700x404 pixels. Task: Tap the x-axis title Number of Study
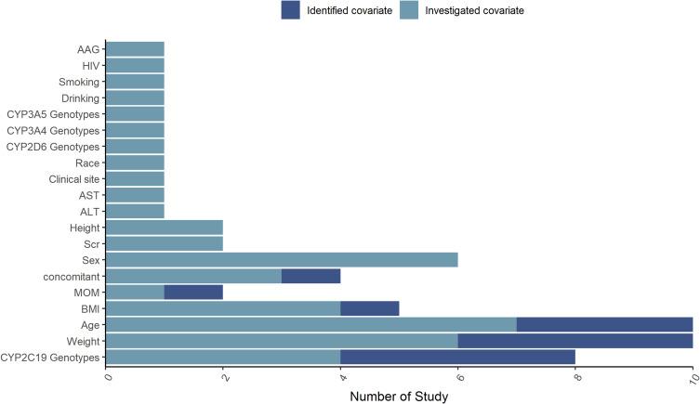pyautogui.click(x=400, y=397)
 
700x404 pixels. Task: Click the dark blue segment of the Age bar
pyautogui.click(x=604, y=325)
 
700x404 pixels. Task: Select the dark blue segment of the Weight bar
pyautogui.click(x=575, y=341)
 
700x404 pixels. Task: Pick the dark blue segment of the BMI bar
pyautogui.click(x=370, y=308)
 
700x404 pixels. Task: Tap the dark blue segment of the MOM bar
pyautogui.click(x=193, y=293)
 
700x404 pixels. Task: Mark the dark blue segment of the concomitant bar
pyautogui.click(x=311, y=276)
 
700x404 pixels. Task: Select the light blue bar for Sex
pyautogui.click(x=283, y=260)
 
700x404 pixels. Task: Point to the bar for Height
pyautogui.click(x=165, y=228)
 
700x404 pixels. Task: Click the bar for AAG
pyautogui.click(x=136, y=48)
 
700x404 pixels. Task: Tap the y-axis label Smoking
pyautogui.click(x=79, y=82)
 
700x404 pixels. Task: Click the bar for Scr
pyautogui.click(x=165, y=243)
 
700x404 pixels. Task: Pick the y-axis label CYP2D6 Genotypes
pyautogui.click(x=55, y=147)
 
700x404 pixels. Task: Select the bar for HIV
pyautogui.click(x=136, y=65)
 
